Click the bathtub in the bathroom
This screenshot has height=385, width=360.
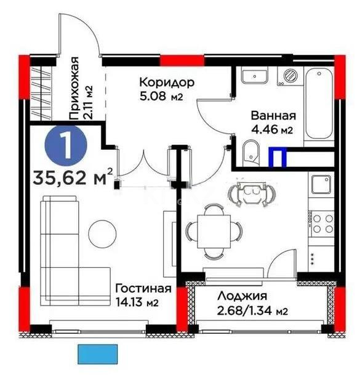coord(319,103)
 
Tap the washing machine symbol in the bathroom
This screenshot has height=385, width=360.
coord(288,76)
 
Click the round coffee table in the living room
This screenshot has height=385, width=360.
coord(102,233)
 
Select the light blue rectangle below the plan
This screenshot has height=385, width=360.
coord(98,355)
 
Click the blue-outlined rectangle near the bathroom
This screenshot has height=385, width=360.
coord(281,157)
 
